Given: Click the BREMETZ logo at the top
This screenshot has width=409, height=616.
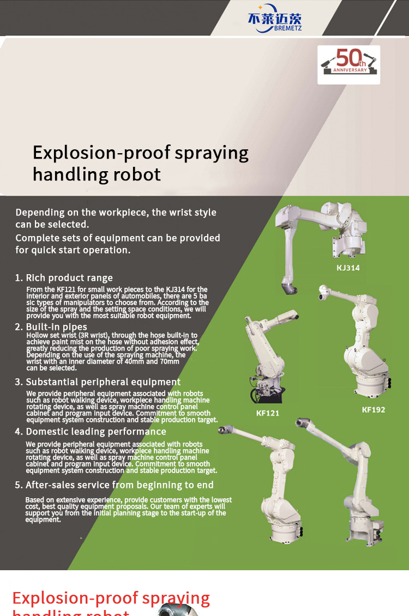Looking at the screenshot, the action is point(275,19).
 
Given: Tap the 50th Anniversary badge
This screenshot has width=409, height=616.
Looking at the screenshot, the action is point(349,64).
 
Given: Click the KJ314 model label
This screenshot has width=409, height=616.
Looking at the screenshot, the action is point(348,268).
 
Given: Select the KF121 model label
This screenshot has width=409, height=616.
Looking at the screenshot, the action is point(268,413).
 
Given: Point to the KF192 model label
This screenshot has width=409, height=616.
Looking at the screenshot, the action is point(373,410).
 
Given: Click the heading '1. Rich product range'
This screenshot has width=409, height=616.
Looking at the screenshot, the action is point(64,278).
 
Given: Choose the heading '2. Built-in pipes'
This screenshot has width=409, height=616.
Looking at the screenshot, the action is point(51,327).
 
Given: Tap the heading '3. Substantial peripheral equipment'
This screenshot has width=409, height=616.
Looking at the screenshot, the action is point(98,382).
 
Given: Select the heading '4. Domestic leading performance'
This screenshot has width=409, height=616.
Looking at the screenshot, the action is point(91,431).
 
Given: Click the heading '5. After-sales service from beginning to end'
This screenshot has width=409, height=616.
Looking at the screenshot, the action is point(114,485).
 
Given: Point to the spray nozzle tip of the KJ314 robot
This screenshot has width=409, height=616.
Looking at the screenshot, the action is point(290,289).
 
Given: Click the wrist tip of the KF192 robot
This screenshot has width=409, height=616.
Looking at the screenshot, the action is point(323,292).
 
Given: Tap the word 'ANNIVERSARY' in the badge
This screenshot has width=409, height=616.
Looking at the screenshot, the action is point(350,70).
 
